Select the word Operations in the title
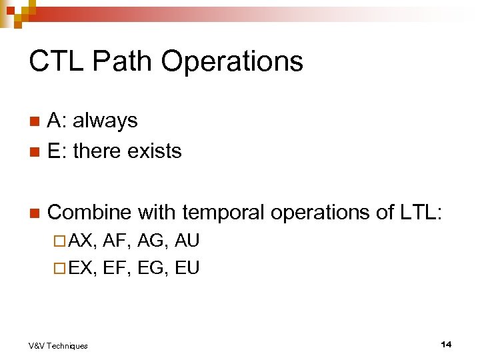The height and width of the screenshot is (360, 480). point(231,61)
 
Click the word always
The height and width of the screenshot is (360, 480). point(105,121)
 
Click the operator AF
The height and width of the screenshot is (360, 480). point(118,241)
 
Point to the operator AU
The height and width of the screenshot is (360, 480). point(187,241)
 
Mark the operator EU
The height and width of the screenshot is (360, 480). point(187,267)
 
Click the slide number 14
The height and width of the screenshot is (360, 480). point(446,344)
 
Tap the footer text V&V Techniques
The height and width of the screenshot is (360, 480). point(58,345)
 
